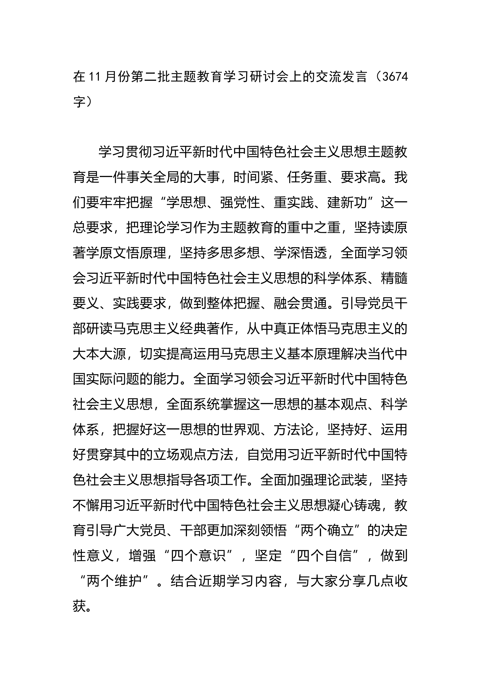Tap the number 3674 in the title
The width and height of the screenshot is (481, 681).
[396, 77]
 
